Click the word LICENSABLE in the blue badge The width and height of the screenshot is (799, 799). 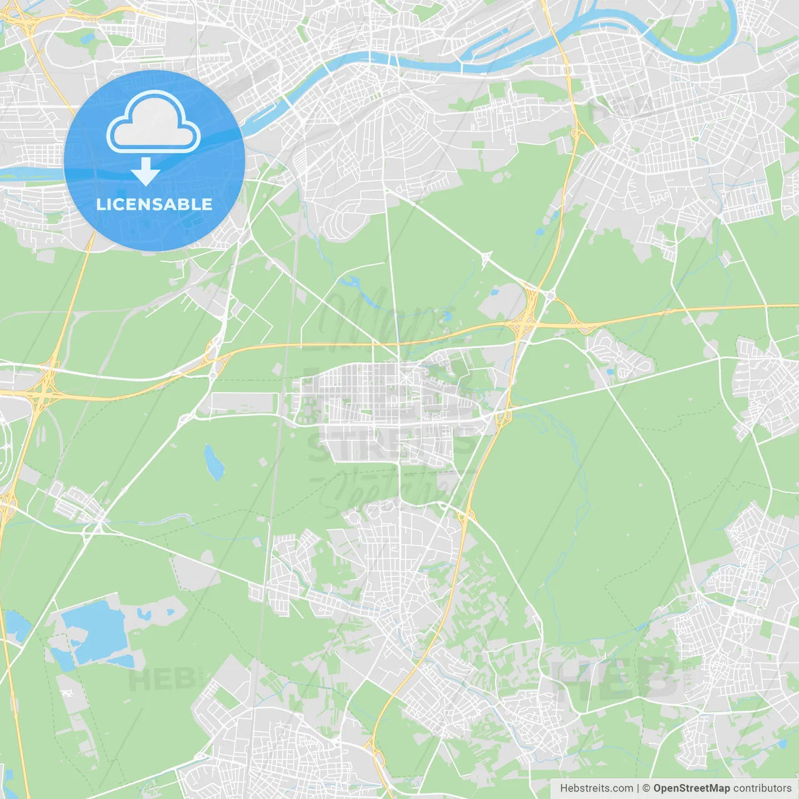pyautogui.click(x=154, y=204)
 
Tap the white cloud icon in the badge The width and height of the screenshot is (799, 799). pyautogui.click(x=154, y=122)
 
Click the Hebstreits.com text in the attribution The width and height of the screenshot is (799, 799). pyautogui.click(x=596, y=788)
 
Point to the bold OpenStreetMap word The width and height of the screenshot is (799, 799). pyautogui.click(x=691, y=788)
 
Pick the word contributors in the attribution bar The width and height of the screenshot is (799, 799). pyautogui.click(x=762, y=788)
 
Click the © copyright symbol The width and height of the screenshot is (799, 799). pyautogui.click(x=646, y=788)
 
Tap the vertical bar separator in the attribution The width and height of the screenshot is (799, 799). pyautogui.click(x=638, y=788)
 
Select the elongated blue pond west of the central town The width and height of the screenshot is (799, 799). pyautogui.click(x=213, y=463)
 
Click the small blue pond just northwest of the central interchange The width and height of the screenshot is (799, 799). pyautogui.click(x=496, y=292)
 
